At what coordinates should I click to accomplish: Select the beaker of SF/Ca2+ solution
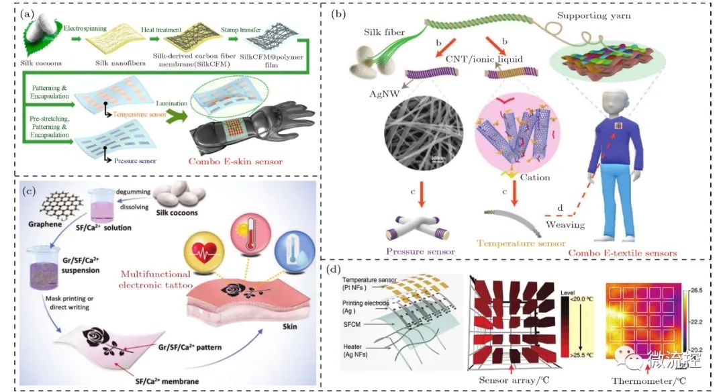pyautogui.click(x=111, y=210)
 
